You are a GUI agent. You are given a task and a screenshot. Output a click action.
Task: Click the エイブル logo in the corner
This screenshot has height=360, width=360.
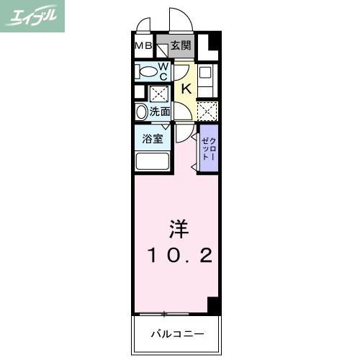pos(32,16)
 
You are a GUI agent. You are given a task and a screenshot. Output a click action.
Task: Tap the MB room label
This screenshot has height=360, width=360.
pos(143,45)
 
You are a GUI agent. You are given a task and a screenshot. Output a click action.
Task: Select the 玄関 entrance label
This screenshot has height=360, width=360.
pos(181,45)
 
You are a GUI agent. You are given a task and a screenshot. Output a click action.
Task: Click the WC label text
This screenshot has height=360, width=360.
pos(163,71)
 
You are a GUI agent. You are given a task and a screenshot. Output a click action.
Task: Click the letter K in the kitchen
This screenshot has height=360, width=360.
pos(186,89)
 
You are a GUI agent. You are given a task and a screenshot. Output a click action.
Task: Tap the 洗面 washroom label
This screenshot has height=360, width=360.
pos(160,112)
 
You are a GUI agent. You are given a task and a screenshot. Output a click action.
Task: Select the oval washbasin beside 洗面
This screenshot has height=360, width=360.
pos(141,112)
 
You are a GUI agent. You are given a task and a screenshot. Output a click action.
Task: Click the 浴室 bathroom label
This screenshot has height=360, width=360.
pos(153,139)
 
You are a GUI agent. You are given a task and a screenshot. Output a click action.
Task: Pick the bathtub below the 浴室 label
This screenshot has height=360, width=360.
pos(153,161)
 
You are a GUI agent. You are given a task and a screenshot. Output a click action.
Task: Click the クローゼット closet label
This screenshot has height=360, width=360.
pos(210,149)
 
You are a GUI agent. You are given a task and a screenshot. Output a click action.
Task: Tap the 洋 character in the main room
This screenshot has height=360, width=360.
pos(179,229)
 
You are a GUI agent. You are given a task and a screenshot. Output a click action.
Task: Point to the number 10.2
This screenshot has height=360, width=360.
pos(180,255)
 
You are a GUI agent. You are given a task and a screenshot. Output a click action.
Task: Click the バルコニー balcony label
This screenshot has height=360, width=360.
pos(178,333)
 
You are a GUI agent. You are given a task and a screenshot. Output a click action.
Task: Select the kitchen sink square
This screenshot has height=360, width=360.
pos(205,72)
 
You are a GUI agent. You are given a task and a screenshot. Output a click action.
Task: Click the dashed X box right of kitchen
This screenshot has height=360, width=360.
pos(207,111)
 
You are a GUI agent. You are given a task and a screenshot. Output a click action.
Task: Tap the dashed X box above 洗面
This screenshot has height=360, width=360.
pos(159,94)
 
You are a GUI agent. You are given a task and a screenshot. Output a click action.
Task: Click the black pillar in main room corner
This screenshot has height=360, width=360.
pos(213,305)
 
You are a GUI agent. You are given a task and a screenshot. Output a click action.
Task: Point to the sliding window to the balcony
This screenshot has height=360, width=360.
pos(164,314)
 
